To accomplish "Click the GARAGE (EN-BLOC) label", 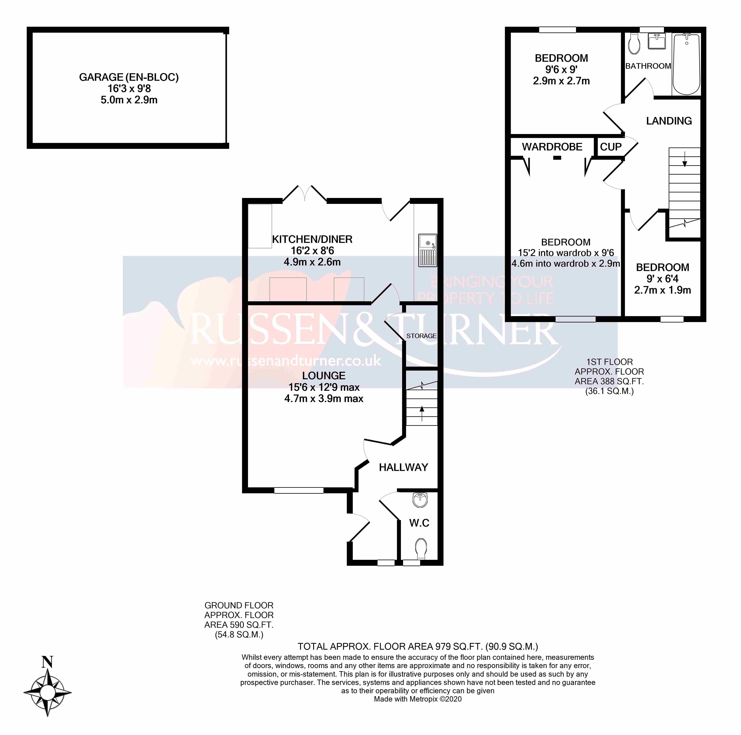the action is click(x=129, y=77).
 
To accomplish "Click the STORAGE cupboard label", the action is click(x=421, y=336).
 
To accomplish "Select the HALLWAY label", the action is click(x=403, y=467).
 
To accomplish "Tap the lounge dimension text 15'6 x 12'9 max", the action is click(x=324, y=387).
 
